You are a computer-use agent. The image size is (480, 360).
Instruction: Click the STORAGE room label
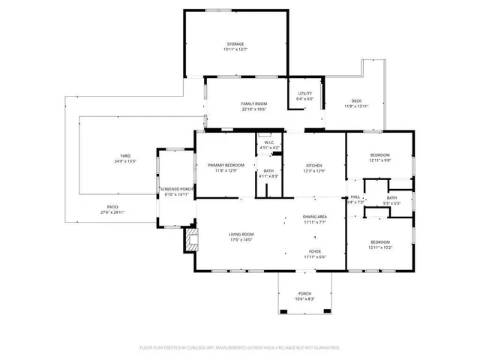pyautogui.click(x=235, y=45)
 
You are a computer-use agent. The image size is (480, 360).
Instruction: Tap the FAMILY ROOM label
pyautogui.click(x=254, y=103)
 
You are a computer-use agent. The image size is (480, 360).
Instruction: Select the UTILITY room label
pyautogui.click(x=304, y=93)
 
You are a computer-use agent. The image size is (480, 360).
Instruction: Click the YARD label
pyautogui.click(x=125, y=156)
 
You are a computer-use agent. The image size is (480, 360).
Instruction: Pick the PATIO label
pyautogui.click(x=112, y=207)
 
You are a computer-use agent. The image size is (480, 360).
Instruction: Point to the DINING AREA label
pyautogui.click(x=315, y=217)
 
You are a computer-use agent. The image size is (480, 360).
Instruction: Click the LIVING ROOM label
pyautogui.click(x=241, y=235)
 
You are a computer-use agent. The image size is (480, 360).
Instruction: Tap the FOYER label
pyautogui.click(x=315, y=251)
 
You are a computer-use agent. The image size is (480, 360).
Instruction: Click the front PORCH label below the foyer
pyautogui.click(x=304, y=293)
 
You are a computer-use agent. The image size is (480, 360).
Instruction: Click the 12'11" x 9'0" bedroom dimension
pyautogui.click(x=379, y=160)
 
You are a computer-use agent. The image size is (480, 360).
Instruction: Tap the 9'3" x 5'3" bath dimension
pyautogui.click(x=391, y=202)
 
